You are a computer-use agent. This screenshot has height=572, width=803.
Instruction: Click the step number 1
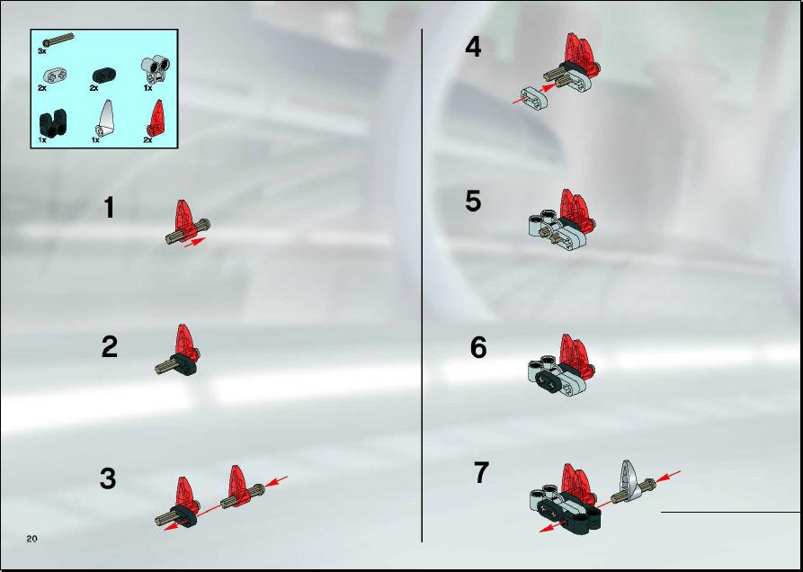tap(109, 209)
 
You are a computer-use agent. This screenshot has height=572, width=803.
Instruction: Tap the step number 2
tap(109, 347)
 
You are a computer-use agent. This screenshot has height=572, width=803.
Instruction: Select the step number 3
tap(108, 479)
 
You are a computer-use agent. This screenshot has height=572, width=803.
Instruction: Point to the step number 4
tap(473, 48)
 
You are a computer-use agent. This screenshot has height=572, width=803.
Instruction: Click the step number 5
tap(473, 201)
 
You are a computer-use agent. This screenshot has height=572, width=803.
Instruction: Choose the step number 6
tap(478, 349)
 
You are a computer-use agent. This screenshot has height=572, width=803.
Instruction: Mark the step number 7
tap(481, 473)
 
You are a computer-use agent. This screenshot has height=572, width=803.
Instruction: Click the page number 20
tap(32, 538)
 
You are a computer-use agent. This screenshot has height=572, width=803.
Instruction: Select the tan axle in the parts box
tap(58, 40)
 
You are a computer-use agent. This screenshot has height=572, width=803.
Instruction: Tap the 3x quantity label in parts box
tap(42, 51)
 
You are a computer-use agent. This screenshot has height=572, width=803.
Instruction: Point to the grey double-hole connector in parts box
tap(156, 69)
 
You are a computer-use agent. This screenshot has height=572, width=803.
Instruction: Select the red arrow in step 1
tap(194, 242)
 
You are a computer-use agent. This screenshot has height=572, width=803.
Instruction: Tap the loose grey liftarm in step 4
tap(535, 98)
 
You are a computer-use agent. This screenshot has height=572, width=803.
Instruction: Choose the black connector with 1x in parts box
tap(53, 122)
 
